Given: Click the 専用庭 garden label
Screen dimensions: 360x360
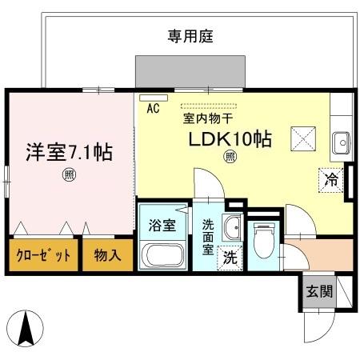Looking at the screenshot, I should pos(189,35).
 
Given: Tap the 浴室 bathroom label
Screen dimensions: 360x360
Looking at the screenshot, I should pos(162,225).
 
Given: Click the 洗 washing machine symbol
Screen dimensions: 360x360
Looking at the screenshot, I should pos(230,258).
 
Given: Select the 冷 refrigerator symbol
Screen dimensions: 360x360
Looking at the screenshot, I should pos(329,180).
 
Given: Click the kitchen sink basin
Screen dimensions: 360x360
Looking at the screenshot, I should pos(342,143).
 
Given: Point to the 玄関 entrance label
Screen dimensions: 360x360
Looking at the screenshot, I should pos(315,292).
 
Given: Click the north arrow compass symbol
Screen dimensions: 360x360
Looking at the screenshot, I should pos(28,329).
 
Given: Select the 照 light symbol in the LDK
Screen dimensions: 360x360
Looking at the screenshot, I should pos(230,157).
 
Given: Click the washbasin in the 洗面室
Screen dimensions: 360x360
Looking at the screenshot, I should pos(233,228).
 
